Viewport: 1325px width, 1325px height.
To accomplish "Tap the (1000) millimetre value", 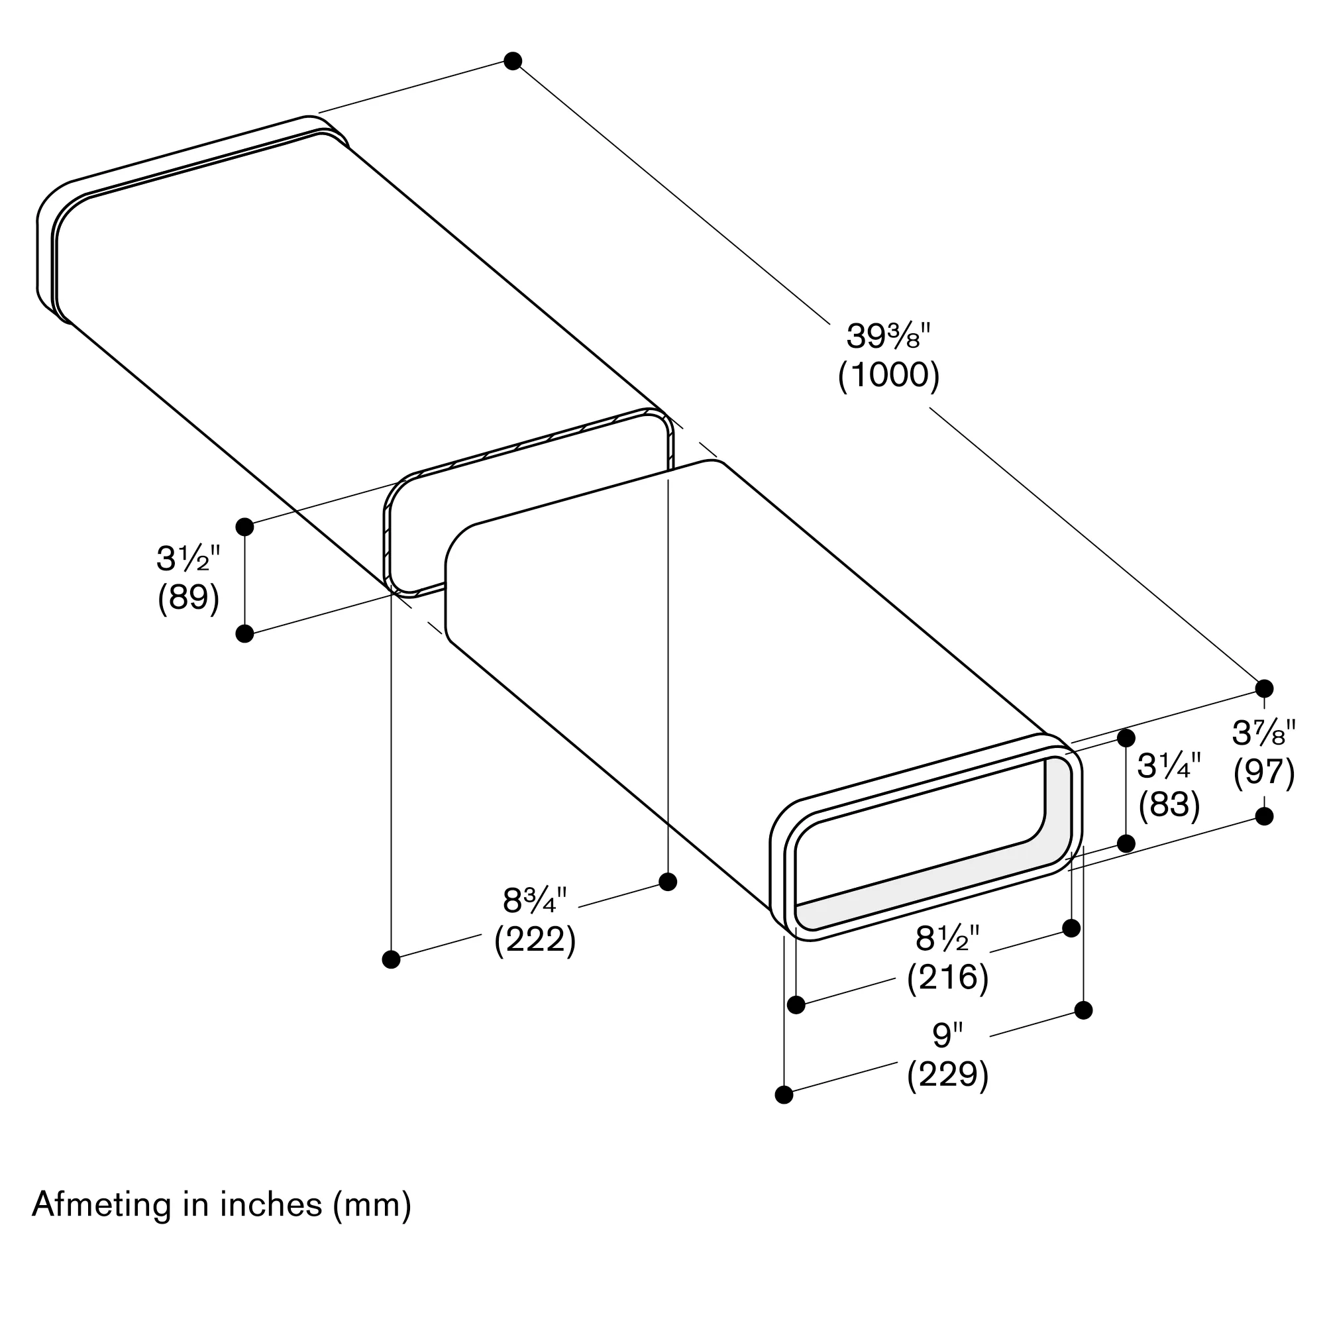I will pos(889,375).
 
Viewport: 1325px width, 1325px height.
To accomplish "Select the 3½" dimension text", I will pos(188,559).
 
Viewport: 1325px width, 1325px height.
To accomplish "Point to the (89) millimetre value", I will pos(189,598).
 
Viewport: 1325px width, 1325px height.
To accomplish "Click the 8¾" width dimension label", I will pos(535,900).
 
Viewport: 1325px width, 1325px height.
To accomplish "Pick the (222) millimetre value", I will pos(535,939).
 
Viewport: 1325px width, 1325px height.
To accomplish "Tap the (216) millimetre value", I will pos(948,977).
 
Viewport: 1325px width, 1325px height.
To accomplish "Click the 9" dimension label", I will pos(948,1035).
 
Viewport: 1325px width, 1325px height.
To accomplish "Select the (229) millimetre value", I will pos(948,1075).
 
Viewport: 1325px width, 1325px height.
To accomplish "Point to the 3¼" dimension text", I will pos(1169,766).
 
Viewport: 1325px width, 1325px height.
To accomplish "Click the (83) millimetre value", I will pos(1169,804).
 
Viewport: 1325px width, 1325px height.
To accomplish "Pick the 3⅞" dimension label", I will pos(1263,733).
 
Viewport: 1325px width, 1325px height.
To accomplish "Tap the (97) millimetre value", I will pos(1264,772).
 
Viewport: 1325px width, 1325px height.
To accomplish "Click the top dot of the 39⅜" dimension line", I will pos(512,61).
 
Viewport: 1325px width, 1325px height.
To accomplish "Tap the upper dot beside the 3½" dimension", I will pos(244,527).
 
